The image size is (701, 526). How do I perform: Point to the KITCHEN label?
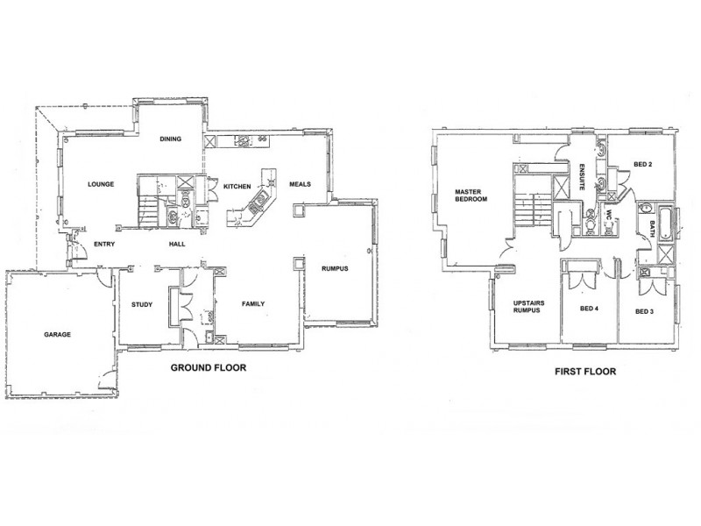pos(237,187)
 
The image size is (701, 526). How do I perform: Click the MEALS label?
pos(299,185)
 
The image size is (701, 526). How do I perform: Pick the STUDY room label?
pos(142,306)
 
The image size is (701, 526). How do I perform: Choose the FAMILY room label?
pos(252,304)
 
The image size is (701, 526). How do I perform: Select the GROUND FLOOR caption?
pos(207,369)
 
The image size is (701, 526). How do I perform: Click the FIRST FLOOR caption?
pos(584,371)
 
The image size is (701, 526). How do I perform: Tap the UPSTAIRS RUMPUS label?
pos(527,308)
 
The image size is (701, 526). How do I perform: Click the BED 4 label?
pos(589,309)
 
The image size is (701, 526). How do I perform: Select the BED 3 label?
pos(645,311)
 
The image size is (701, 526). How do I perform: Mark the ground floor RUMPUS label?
pos(334,269)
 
